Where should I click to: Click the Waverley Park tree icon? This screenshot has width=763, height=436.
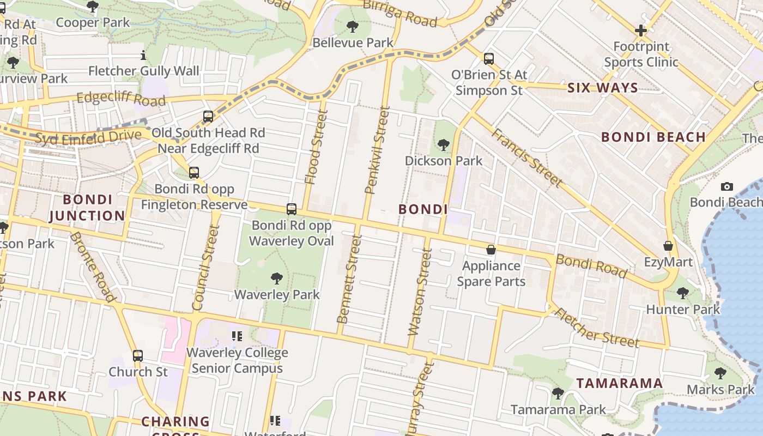pyautogui.click(x=277, y=278)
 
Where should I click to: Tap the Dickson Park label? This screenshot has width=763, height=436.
pyautogui.click(x=443, y=161)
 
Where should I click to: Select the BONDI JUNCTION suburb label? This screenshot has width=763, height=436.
pyautogui.click(x=87, y=208)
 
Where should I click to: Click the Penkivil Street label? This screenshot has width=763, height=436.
pyautogui.click(x=377, y=150)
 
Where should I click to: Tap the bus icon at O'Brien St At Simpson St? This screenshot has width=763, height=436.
pyautogui.click(x=489, y=58)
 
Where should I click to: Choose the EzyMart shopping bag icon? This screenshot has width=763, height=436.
pyautogui.click(x=668, y=246)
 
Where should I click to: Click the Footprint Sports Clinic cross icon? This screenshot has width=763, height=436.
pyautogui.click(x=641, y=31)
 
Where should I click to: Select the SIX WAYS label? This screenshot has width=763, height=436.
pyautogui.click(x=602, y=88)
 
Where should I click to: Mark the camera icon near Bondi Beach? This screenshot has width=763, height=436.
pyautogui.click(x=726, y=187)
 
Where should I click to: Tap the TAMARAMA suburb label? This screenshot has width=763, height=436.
pyautogui.click(x=620, y=383)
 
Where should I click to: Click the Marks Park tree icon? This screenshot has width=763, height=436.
pyautogui.click(x=720, y=373)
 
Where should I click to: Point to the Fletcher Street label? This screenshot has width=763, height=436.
pyautogui.click(x=596, y=328)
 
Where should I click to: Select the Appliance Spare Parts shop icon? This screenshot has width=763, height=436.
pyautogui.click(x=491, y=250)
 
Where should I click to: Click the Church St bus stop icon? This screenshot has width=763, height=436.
pyautogui.click(x=138, y=356)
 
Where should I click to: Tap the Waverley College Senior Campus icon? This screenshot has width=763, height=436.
pyautogui.click(x=237, y=336)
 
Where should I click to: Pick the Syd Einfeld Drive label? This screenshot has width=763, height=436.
pyautogui.click(x=88, y=137)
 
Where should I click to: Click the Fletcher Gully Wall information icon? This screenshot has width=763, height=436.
pyautogui.click(x=143, y=55)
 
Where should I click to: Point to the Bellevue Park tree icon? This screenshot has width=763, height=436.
pyautogui.click(x=353, y=26)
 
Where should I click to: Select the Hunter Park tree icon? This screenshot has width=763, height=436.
pyautogui.click(x=683, y=293)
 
